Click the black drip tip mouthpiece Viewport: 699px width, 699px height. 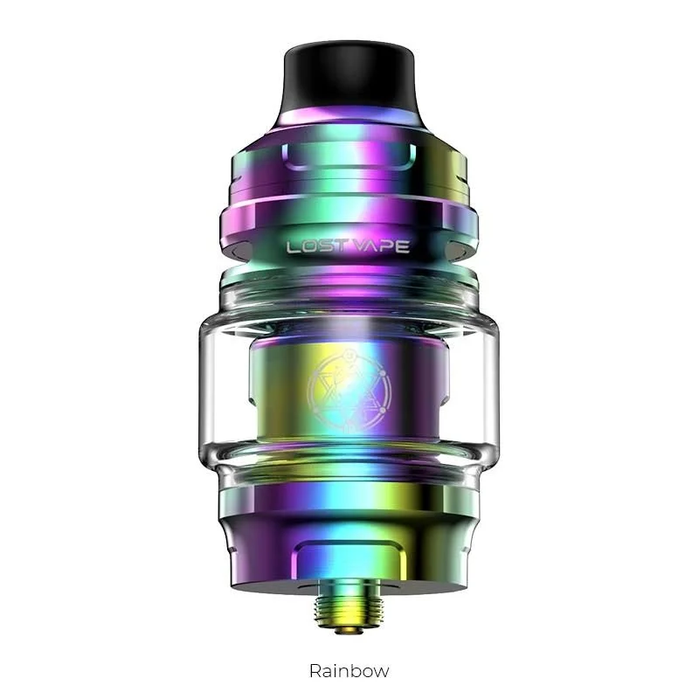pos(349,80)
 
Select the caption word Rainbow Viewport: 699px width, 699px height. pos(349,670)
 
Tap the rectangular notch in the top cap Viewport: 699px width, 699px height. pos(349,157)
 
